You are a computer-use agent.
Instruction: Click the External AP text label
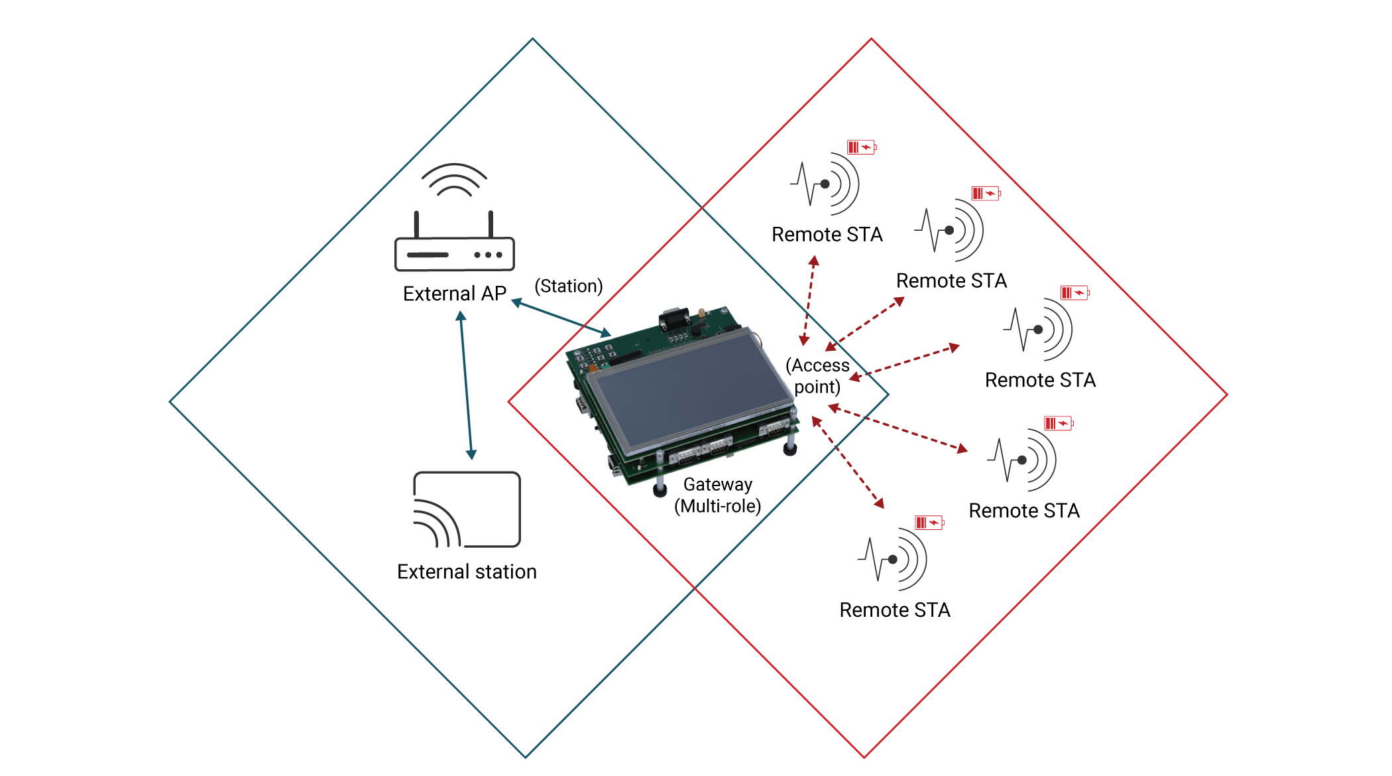point(454,293)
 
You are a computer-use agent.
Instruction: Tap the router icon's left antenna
point(416,224)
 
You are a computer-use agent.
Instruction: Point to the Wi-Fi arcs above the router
point(454,180)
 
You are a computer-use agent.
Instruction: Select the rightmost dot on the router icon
point(499,255)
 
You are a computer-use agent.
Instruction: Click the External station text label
point(467,572)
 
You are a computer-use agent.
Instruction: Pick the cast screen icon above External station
point(467,509)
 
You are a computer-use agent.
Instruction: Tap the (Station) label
point(569,286)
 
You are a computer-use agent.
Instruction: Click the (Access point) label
point(817,376)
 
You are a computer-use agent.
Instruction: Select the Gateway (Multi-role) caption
point(718,495)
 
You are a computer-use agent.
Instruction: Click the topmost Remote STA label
point(827,235)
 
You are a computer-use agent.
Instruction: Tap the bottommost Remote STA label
point(895,610)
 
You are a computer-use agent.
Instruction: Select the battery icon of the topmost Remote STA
point(862,147)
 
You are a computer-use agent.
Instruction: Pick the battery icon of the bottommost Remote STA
point(929,523)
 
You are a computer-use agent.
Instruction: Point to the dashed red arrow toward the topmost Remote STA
point(809,301)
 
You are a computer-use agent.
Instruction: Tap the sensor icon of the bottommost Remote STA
point(894,559)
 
